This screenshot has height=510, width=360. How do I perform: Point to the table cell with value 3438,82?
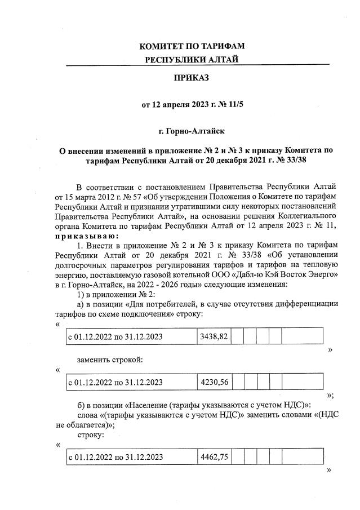(x=214, y=336)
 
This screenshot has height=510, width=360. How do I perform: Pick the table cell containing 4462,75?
(x=214, y=457)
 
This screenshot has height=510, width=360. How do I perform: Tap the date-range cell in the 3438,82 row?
(x=115, y=336)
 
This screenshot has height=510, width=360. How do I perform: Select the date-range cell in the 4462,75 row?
(x=115, y=457)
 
